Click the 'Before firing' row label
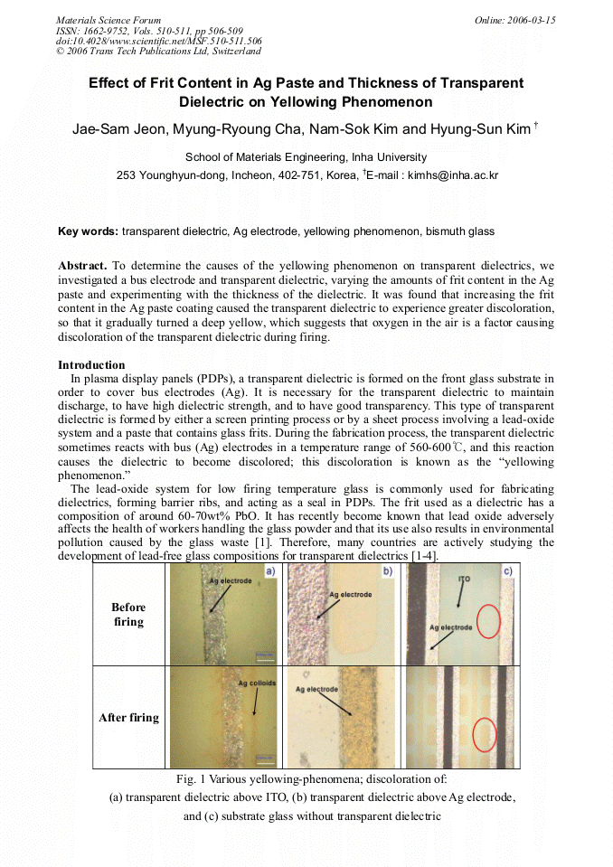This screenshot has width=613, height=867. coord(128,615)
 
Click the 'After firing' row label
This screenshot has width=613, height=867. coord(128,718)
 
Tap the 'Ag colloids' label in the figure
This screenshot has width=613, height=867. coord(257,683)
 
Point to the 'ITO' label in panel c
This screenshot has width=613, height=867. coord(465,577)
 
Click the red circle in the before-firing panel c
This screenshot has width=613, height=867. coord(488,621)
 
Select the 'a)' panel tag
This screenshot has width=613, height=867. coord(269,571)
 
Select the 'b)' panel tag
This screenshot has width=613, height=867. coord(388,571)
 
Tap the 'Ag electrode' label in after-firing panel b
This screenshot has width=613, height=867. coord(316,690)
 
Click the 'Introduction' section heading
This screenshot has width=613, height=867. coord(91,365)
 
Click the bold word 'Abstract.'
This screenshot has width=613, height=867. coord(82,266)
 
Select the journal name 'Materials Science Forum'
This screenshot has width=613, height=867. coord(108,20)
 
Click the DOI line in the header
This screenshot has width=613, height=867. coord(158,41)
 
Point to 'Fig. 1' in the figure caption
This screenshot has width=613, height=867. coord(191,778)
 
